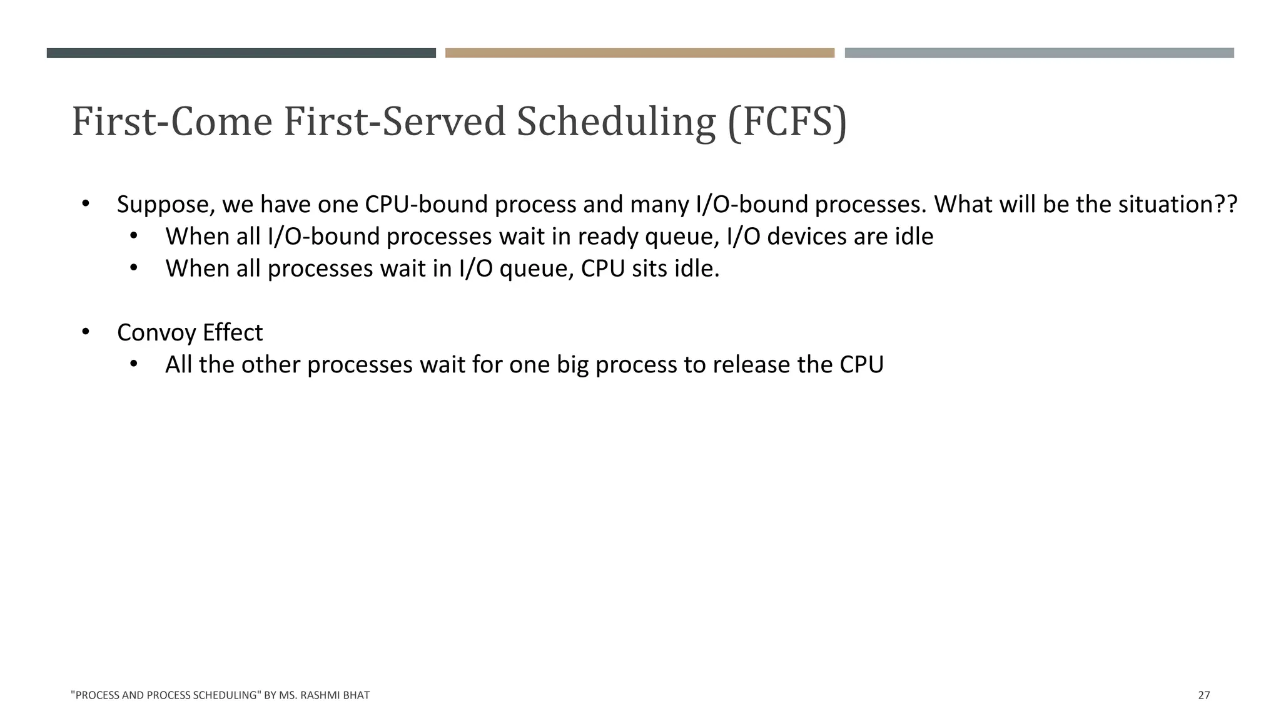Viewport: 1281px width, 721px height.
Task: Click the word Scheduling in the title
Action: tap(615, 123)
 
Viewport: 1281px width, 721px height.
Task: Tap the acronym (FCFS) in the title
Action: tap(787, 123)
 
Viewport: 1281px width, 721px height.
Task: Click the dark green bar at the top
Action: tap(241, 53)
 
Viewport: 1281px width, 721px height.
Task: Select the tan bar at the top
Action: tap(639, 53)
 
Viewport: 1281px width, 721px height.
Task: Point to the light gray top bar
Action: tap(1039, 53)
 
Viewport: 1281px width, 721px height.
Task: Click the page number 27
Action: tap(1203, 695)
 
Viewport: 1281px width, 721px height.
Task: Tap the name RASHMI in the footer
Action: tap(318, 695)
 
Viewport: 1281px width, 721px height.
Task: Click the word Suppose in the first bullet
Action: tap(166, 205)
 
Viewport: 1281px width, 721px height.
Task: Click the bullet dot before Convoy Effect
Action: tap(86, 332)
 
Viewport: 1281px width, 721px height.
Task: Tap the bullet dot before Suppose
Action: tap(86, 203)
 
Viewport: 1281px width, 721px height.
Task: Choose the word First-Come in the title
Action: tap(172, 123)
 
